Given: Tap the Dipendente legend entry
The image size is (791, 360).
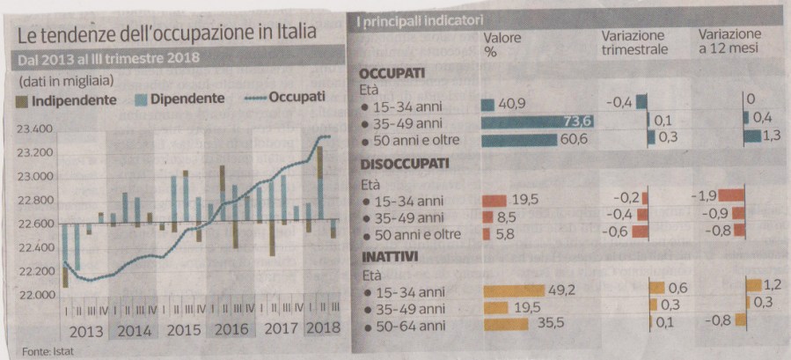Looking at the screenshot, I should [180, 99].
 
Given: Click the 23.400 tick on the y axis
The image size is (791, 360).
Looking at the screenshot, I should [34, 129].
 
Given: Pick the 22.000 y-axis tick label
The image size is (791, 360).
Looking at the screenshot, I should [34, 295].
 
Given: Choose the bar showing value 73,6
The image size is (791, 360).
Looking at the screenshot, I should [537, 121].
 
